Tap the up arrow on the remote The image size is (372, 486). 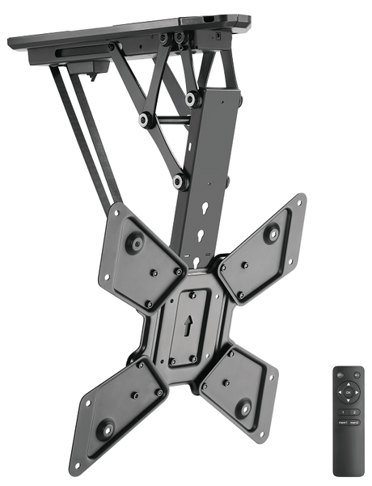348,385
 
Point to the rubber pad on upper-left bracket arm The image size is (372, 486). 134,243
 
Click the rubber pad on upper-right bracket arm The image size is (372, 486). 272,233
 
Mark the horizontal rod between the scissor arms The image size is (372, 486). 170,120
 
